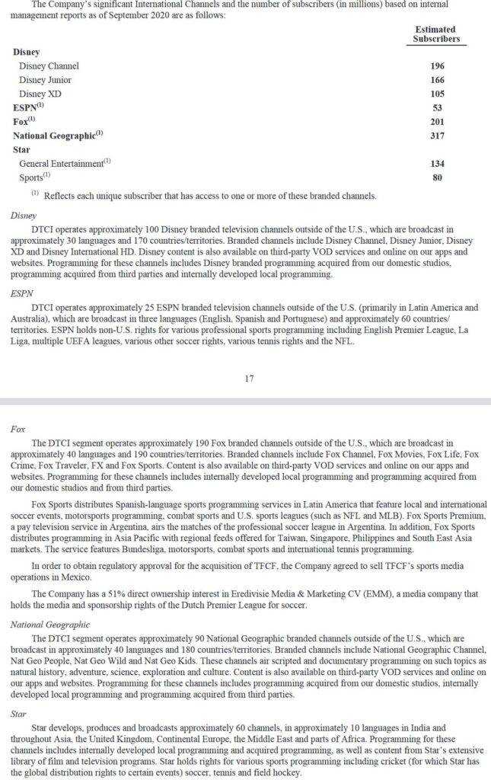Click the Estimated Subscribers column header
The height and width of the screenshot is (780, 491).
(x=436, y=34)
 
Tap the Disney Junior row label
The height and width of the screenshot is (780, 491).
(x=46, y=79)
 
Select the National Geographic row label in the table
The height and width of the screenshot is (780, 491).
(x=57, y=136)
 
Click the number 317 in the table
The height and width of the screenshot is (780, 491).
(x=437, y=136)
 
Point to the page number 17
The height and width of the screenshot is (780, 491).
(x=249, y=378)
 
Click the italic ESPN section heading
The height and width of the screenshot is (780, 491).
(x=21, y=293)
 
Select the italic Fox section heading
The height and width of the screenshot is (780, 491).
(x=18, y=429)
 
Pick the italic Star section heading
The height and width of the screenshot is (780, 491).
(x=19, y=716)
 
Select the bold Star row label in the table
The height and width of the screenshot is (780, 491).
(x=21, y=149)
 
